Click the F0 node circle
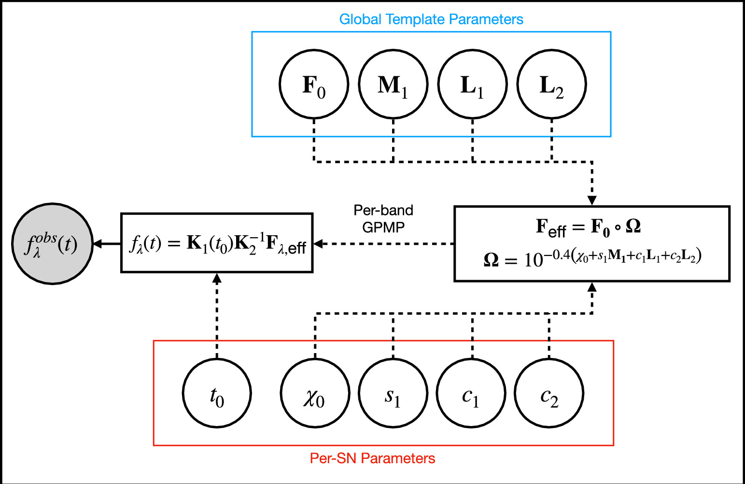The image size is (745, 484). pos(314,84)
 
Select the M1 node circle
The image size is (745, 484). pos(393,84)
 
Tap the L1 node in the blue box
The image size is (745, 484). pos(472,84)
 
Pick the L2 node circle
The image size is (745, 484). pos(551,84)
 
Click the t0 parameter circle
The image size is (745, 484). pos(217,393)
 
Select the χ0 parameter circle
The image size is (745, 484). pos(315,393)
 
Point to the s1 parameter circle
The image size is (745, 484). pos(393,393)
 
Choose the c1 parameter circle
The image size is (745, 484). pos(471,393)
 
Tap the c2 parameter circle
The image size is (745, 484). pos(549,393)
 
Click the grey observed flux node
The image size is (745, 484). pos(52,243)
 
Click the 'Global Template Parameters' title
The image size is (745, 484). pos(431,19)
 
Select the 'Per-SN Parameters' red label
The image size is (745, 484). pos(372,458)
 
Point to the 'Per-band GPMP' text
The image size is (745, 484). pos(383,218)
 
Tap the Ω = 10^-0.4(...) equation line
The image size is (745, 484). pos(592,258)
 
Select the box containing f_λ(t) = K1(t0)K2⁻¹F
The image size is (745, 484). pos(217,243)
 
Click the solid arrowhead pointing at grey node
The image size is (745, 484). pos(98,244)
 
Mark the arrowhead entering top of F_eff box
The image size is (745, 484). pos(592,200)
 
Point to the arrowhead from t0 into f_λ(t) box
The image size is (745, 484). pos(217,278)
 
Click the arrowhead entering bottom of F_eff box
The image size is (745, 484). pos(592,287)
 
